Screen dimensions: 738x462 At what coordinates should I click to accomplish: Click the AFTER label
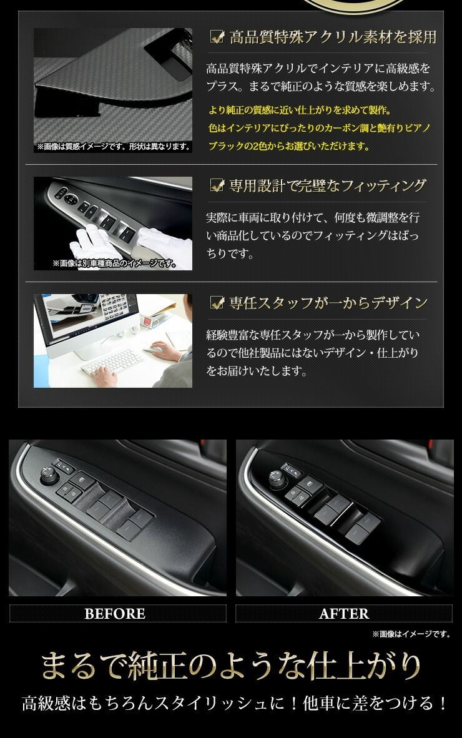coord(343,614)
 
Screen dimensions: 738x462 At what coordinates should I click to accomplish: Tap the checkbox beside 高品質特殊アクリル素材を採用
coord(217,37)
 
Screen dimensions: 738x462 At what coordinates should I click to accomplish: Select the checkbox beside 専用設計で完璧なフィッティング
coord(217,185)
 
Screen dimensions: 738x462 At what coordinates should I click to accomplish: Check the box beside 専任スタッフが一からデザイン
coord(217,303)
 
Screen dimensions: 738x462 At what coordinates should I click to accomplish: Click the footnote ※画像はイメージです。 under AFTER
coord(411,634)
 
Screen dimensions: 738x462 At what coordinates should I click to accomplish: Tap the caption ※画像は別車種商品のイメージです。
coord(114,263)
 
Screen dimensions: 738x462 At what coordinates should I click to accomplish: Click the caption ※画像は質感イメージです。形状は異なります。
coord(113,147)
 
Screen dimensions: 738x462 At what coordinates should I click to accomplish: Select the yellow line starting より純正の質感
coord(300,111)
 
